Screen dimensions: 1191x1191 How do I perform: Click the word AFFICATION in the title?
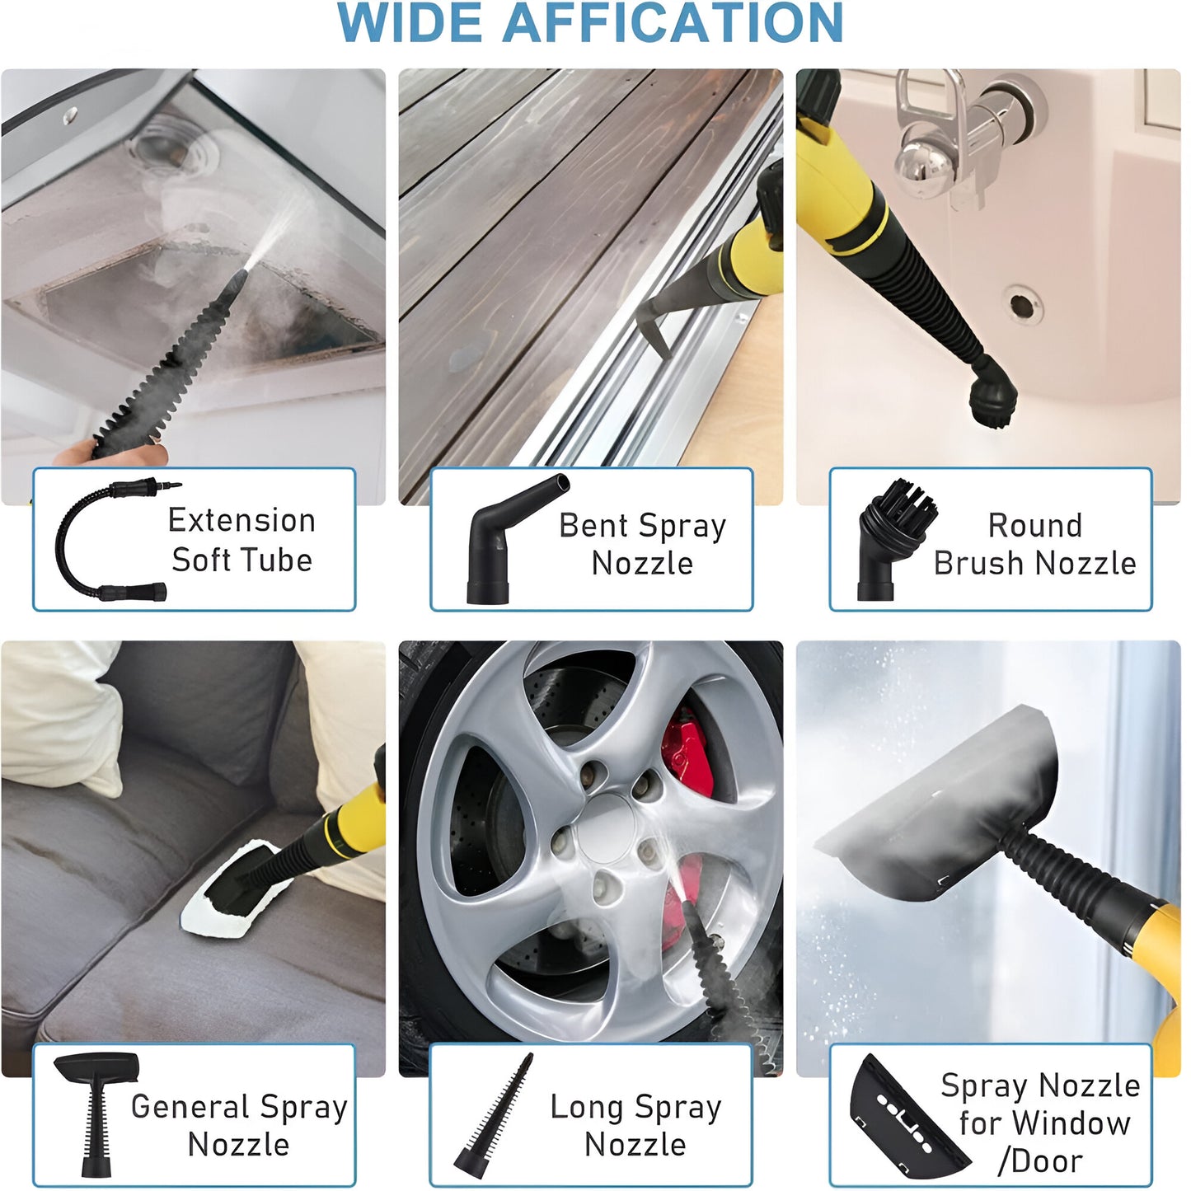(x=673, y=23)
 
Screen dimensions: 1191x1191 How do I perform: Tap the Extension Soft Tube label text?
(x=241, y=540)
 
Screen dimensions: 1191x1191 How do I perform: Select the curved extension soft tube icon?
(x=111, y=540)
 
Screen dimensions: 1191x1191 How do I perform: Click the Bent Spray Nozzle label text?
(x=642, y=544)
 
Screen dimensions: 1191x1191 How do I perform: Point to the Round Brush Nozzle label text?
(x=1034, y=544)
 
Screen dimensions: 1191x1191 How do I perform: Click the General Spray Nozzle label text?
(x=239, y=1125)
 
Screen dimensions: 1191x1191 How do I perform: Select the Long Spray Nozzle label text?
(x=635, y=1125)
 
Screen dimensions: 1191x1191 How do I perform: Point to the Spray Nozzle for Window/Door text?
(x=1041, y=1123)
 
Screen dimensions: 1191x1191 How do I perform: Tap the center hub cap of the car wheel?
(x=606, y=828)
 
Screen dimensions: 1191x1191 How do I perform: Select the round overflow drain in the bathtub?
(x=1022, y=306)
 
